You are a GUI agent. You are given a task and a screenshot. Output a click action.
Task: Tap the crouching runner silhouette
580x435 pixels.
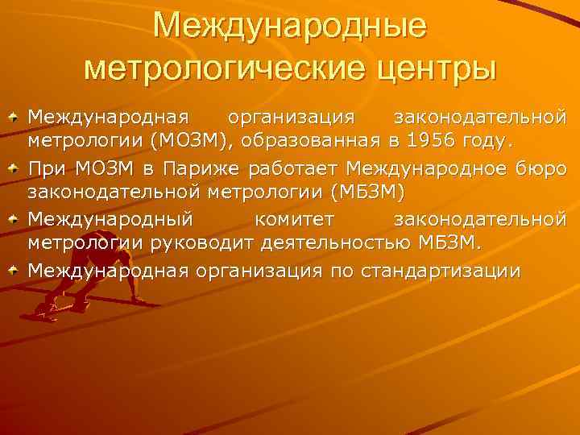pyautogui.click(x=64, y=290)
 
